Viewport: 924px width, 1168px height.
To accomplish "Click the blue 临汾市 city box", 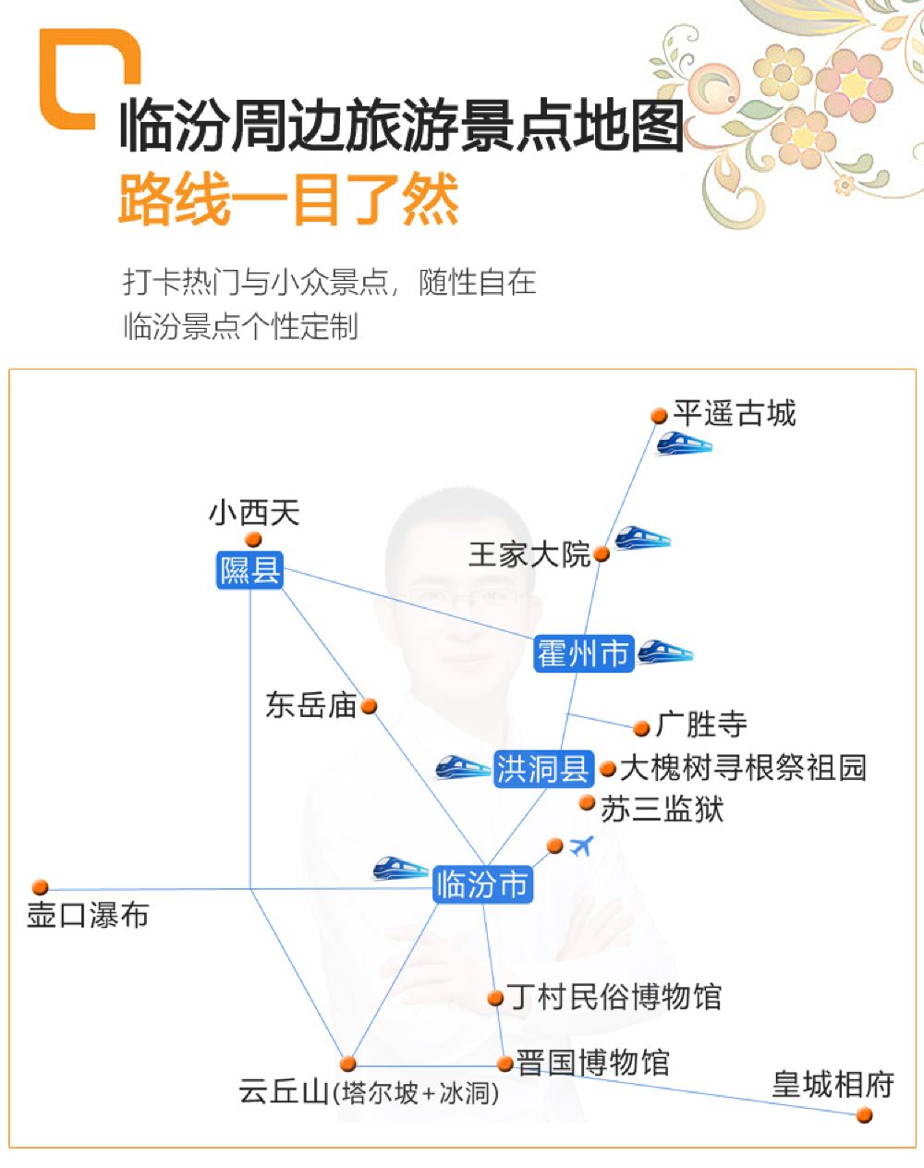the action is point(482,884).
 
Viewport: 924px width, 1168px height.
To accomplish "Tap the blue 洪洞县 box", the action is point(543,769).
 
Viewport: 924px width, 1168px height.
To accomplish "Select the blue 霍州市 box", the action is point(584,653).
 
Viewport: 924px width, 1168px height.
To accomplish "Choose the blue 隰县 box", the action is point(249,570).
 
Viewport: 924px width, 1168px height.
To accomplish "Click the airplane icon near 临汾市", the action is point(581,846).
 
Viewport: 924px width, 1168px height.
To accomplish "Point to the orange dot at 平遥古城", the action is point(659,416).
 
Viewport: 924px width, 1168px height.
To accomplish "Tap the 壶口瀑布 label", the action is point(88,915).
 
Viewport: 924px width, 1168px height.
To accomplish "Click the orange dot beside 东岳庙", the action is point(370,706).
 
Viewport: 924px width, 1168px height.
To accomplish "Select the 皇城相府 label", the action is point(833,1085).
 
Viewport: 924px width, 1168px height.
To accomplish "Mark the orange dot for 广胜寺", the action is point(641,728).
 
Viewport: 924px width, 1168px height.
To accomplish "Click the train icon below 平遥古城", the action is point(684,444).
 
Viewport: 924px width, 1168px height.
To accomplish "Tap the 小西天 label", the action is point(254,513).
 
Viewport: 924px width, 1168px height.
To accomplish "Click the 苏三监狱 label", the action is point(662,809).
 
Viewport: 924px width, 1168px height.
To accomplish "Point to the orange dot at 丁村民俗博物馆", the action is point(495,998).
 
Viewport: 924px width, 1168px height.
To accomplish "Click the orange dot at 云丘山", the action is point(348,1064).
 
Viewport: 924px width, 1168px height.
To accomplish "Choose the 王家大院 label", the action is point(529,554).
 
